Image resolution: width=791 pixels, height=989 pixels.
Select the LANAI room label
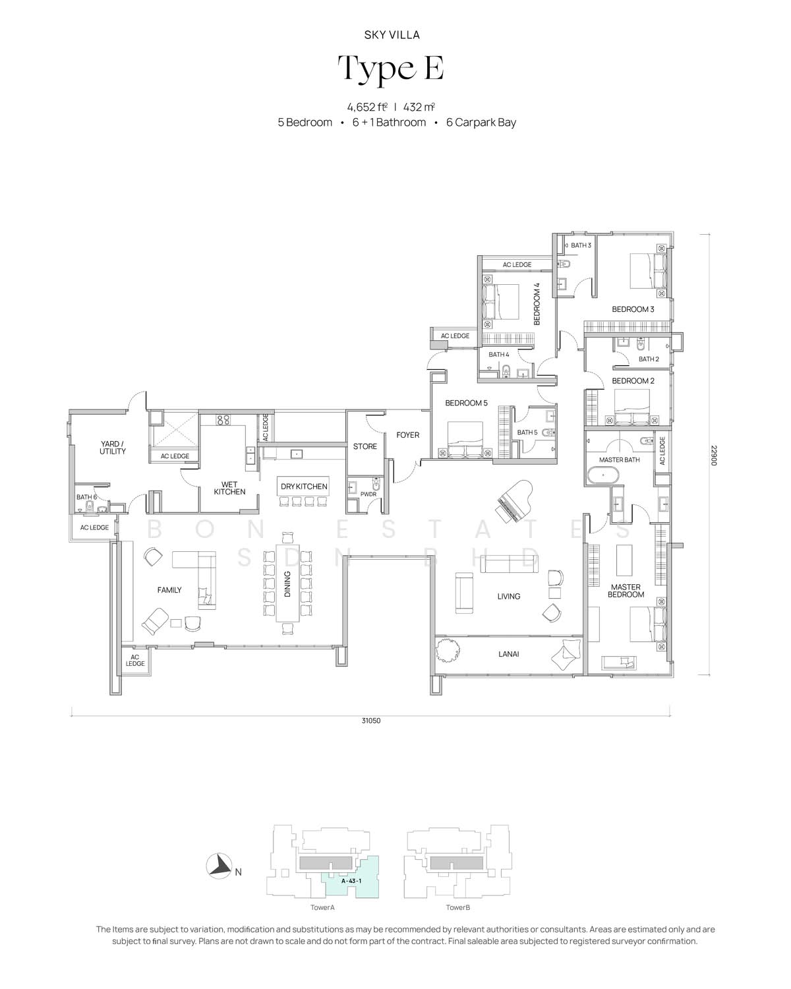[508, 653]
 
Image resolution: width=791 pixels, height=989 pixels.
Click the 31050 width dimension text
[371, 720]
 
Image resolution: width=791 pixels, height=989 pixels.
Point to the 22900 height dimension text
[714, 454]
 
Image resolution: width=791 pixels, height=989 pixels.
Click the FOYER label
[407, 435]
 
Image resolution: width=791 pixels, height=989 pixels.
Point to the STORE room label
[365, 446]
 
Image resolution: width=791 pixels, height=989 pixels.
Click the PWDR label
[368, 494]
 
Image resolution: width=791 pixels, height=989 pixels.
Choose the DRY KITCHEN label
[304, 486]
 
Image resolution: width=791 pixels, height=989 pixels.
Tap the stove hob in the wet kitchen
[223, 419]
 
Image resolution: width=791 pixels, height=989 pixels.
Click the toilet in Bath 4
[506, 370]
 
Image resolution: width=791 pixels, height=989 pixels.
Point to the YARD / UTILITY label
[113, 448]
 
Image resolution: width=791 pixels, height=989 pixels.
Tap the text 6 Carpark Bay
[481, 123]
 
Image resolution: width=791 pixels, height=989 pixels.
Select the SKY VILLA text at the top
[392, 35]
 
